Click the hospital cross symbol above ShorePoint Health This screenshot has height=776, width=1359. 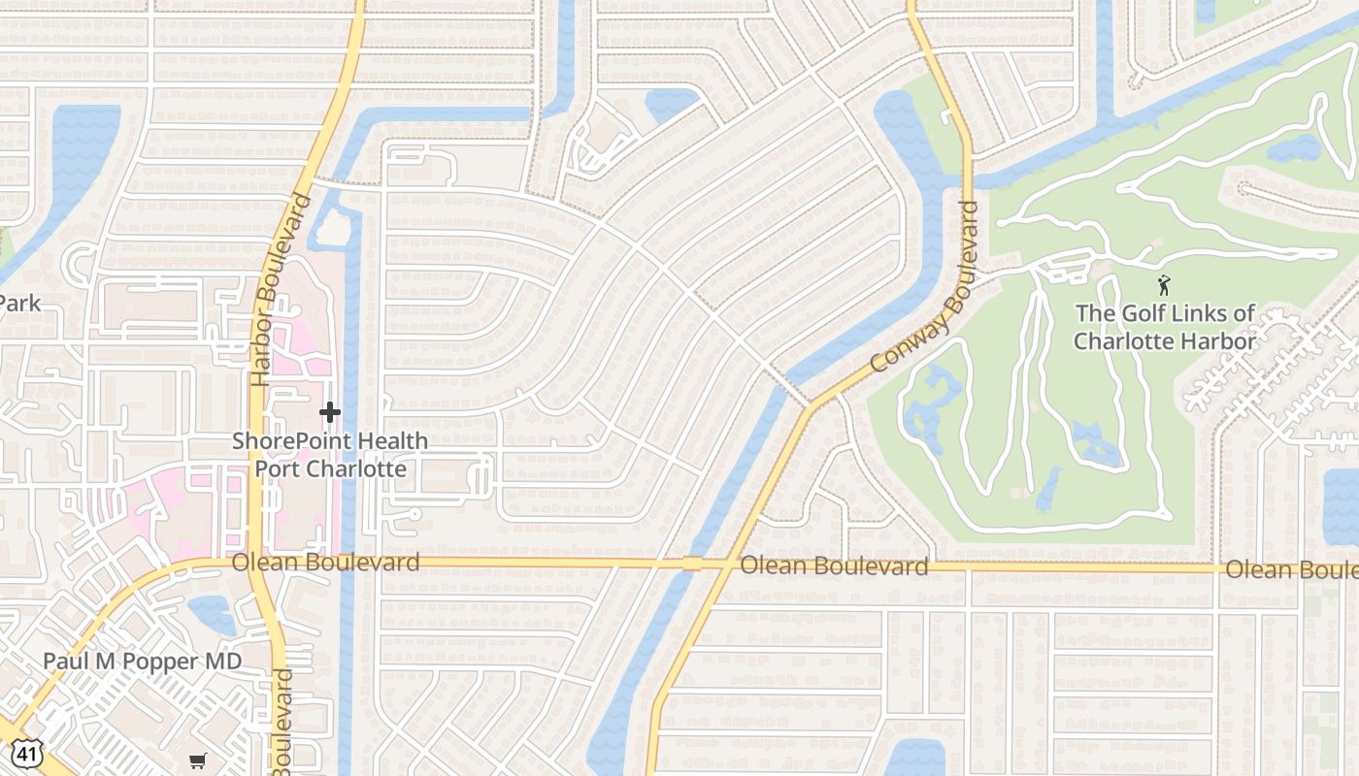[330, 412]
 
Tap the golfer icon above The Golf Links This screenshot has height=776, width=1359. [1164, 285]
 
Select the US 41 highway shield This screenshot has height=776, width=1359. [25, 752]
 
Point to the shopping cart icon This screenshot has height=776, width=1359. [198, 760]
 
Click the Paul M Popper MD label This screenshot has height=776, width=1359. [142, 662]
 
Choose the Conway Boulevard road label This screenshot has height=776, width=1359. [924, 287]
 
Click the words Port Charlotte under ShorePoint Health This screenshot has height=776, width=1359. [330, 469]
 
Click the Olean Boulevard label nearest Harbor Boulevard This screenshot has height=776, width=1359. [325, 563]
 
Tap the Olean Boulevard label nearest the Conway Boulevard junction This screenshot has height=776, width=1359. [834, 566]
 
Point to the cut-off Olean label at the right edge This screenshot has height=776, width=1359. [1291, 569]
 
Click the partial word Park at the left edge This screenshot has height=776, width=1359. [19, 304]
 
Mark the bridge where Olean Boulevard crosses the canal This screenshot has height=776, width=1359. [692, 564]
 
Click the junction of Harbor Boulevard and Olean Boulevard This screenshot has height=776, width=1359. [257, 562]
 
